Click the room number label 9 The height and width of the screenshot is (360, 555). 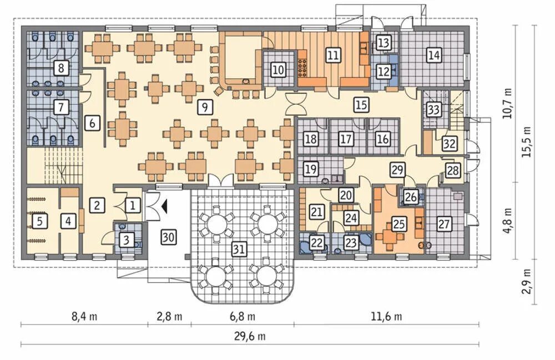point(205,106)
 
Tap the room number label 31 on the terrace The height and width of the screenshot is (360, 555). point(239,249)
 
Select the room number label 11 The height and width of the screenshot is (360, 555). point(333,55)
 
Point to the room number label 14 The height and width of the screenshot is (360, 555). point(434,55)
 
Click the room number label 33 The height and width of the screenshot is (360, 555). point(433,110)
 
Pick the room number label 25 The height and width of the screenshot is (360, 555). point(399,224)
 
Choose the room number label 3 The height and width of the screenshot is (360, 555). point(127,241)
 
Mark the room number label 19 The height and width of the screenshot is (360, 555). point(310,169)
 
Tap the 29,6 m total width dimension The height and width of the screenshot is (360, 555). point(250,336)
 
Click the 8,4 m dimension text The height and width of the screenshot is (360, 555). point(84,316)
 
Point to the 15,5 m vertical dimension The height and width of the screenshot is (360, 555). point(528,141)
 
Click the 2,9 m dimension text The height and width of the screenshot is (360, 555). point(528,281)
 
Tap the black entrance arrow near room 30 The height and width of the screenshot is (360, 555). point(164,206)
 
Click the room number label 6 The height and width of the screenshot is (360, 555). point(92,123)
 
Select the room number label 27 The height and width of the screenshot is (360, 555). point(444,224)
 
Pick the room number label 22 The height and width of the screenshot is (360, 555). point(317,242)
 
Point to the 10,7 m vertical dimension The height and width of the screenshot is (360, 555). point(508,103)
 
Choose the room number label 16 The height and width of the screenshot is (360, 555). point(382,139)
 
